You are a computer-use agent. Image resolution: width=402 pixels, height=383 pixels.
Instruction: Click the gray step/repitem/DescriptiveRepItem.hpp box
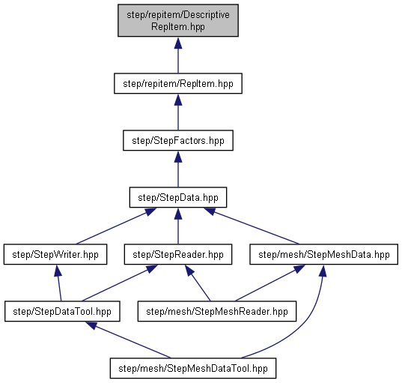(178, 20)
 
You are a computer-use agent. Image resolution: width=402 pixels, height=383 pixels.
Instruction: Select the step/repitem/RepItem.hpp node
(178, 83)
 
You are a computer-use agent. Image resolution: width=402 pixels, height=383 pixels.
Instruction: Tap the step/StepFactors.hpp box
(178, 140)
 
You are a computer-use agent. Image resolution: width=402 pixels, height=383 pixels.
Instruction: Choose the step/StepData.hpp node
(178, 197)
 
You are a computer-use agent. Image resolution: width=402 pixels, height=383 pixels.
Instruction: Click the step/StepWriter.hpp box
(55, 254)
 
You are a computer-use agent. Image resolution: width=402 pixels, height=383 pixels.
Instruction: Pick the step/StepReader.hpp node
(178, 254)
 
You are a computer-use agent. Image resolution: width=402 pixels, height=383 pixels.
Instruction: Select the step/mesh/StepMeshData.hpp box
(324, 254)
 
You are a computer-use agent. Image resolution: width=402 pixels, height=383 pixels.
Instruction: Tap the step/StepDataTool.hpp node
(62, 311)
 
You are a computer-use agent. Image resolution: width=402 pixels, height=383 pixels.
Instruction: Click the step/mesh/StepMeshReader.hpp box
(217, 311)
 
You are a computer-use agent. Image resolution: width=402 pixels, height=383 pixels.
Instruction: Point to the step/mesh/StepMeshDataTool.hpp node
(193, 368)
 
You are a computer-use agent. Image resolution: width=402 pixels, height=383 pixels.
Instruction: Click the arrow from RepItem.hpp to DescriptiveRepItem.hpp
(178, 55)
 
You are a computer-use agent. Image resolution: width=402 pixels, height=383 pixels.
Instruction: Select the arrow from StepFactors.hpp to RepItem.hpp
(178, 112)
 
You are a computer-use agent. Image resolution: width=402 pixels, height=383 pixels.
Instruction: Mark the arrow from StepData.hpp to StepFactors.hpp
(178, 169)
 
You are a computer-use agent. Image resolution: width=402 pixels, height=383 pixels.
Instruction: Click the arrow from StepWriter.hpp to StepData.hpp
(116, 226)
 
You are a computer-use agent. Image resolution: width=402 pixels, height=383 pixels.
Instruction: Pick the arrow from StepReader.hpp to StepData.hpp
(178, 226)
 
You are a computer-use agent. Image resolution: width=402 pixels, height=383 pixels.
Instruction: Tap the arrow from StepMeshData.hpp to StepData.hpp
(252, 226)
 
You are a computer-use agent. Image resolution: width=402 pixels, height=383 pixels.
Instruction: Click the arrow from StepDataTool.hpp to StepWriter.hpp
(58, 283)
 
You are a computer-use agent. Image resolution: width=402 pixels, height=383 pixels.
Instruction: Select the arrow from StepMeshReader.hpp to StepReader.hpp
(198, 283)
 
